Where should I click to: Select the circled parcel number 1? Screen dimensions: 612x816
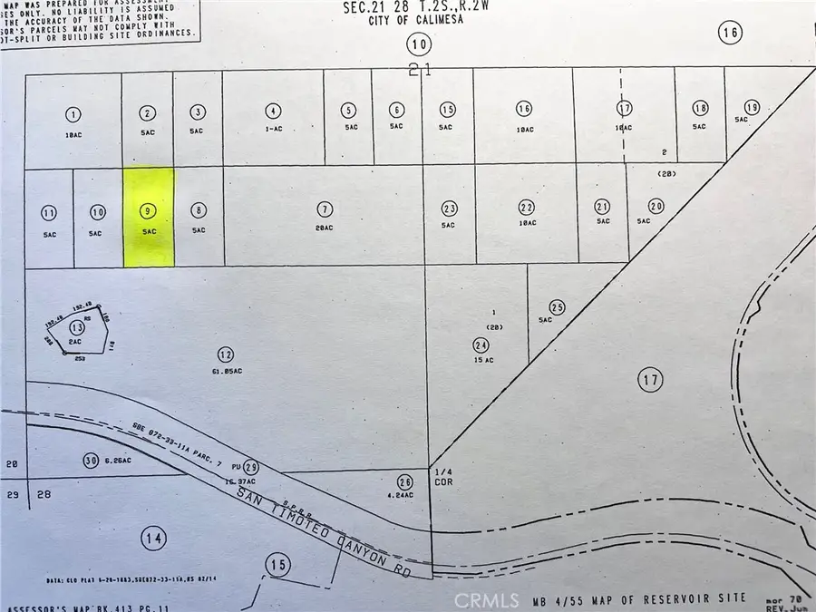click(73, 114)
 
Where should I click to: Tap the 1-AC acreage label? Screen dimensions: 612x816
click(273, 130)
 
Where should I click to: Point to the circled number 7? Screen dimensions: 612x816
click(325, 209)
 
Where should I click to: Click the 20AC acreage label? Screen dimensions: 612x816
click(325, 228)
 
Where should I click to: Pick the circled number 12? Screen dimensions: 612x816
click(225, 354)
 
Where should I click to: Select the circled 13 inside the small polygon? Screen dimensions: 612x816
click(78, 327)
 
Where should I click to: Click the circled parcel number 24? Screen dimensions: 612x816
click(480, 345)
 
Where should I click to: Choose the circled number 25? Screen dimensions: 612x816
click(558, 308)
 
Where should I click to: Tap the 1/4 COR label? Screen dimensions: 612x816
click(443, 477)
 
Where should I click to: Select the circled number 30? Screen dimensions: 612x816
click(89, 459)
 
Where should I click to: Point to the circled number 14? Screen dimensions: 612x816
click(153, 539)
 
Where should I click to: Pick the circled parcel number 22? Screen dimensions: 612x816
click(525, 206)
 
